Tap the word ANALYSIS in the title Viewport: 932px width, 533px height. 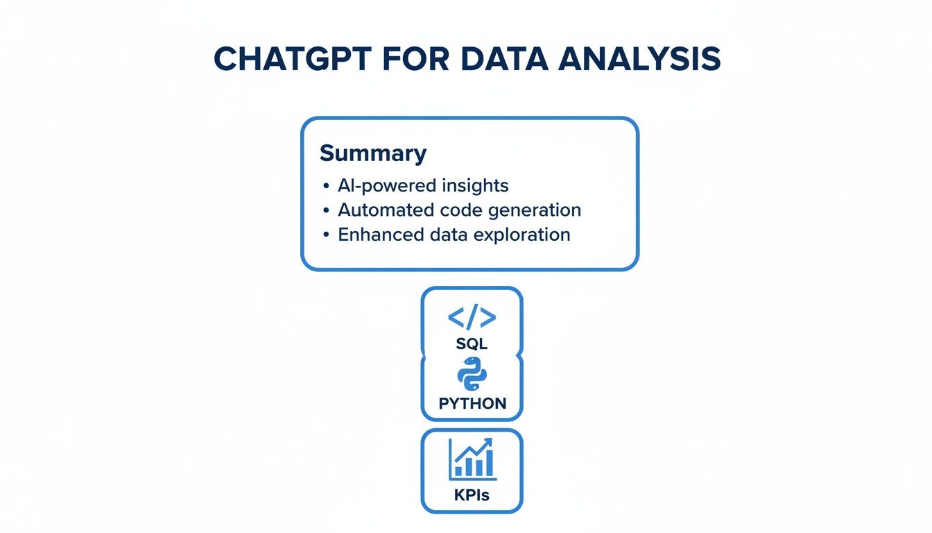[x=641, y=60]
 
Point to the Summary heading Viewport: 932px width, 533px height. [x=373, y=153]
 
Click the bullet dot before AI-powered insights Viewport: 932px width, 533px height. [x=326, y=187]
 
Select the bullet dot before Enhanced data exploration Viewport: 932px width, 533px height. [x=326, y=235]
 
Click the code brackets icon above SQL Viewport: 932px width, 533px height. [x=472, y=317]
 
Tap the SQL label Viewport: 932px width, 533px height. [x=472, y=344]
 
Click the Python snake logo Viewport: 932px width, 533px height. [x=472, y=375]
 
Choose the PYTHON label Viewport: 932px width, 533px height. [x=472, y=403]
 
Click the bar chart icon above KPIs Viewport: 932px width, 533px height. [x=472, y=460]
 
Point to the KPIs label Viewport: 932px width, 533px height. [x=472, y=496]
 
